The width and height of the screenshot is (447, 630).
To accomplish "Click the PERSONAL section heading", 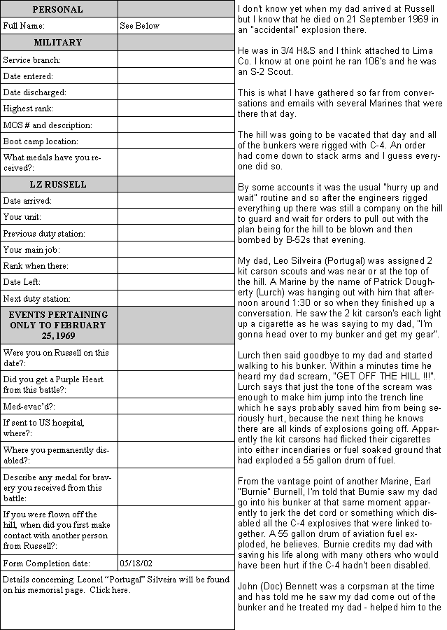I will pos(57,10).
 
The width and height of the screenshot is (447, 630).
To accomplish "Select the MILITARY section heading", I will pos(57,43).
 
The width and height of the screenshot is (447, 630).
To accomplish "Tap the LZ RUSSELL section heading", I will pos(58,185).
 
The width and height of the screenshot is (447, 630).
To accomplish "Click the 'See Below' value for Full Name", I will pos(139,26).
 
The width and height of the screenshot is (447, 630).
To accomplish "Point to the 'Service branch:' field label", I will pos(31,60).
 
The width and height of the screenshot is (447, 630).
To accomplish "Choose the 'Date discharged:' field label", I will pos(34,92).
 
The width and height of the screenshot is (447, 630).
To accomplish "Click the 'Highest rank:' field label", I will pos(28,108).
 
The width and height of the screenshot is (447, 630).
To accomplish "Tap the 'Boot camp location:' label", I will pos(41,141).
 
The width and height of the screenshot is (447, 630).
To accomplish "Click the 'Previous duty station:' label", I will pos(44,234).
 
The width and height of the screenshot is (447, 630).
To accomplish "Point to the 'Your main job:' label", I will pos(31,250).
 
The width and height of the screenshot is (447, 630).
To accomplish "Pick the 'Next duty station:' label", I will pos(37,299).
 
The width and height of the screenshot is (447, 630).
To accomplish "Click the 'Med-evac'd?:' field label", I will pos(29,406).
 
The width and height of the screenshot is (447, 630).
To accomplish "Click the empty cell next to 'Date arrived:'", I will pos(175,201).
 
